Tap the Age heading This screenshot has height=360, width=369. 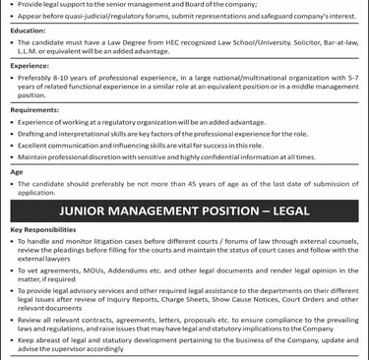(16, 173)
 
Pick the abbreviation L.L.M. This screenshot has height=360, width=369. (31, 55)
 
